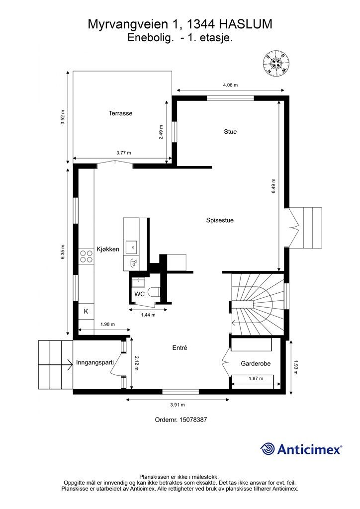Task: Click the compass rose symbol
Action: tap(276, 63)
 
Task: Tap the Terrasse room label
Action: tap(120, 113)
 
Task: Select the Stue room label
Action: tap(230, 131)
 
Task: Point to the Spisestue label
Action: tap(220, 220)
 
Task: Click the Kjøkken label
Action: tap(108, 249)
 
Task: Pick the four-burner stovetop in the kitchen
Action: tap(87, 256)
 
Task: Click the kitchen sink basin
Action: tap(131, 248)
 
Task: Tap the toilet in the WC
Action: tap(155, 292)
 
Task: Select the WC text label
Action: tap(140, 294)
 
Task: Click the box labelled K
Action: tap(87, 311)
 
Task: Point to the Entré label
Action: tap(180, 347)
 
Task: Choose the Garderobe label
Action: tap(256, 363)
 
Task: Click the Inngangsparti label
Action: tap(95, 362)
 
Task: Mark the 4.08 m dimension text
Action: tap(230, 85)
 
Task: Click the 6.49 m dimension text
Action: tap(273, 186)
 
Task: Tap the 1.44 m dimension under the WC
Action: tap(148, 315)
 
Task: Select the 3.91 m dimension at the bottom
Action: tap(178, 405)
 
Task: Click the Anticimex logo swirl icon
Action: tap(268, 449)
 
